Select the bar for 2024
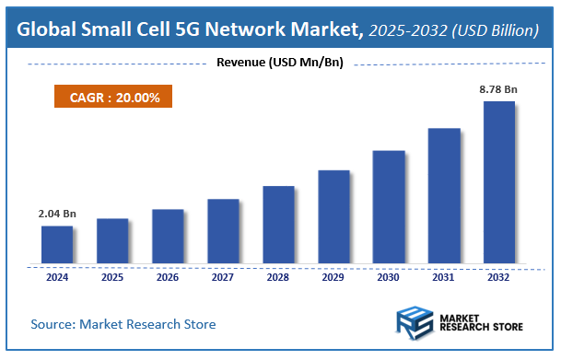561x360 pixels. tap(56, 244)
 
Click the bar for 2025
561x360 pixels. tap(111, 240)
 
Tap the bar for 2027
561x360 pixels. tap(222, 230)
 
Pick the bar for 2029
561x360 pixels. tap(333, 216)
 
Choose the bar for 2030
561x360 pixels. tap(388, 206)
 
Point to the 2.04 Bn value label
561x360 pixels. tap(57, 214)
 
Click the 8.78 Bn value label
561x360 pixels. tap(498, 89)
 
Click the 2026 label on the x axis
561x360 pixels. tap(167, 276)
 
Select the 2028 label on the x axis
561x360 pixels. tap(277, 276)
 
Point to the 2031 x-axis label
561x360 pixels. tap(443, 276)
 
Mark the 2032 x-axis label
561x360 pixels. tap(498, 276)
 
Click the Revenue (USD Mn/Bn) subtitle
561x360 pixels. tap(279, 63)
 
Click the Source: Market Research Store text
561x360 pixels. tap(123, 324)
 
